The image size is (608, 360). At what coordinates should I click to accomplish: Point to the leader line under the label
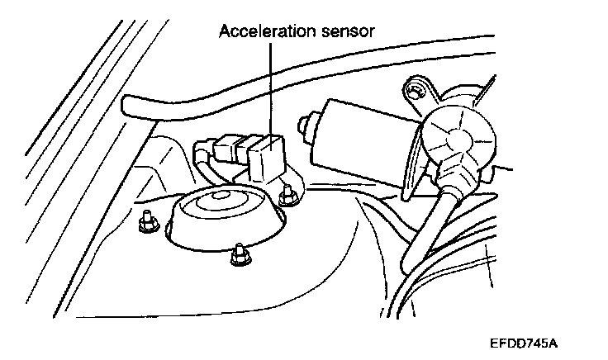pyautogui.click(x=270, y=91)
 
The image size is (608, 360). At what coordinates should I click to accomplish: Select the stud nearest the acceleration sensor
pyautogui.click(x=288, y=196)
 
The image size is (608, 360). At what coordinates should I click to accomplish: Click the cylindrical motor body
pyautogui.click(x=359, y=136)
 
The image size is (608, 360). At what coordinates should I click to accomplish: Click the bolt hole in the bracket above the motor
pyautogui.click(x=416, y=85)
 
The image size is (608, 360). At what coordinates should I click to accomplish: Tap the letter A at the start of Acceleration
pyautogui.click(x=224, y=33)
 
